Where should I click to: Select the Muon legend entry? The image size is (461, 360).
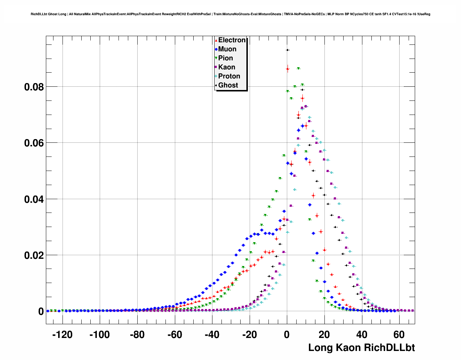coord(227,49)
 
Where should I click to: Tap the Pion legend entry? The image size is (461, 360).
coord(225,58)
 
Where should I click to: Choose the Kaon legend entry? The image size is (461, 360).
coord(227,67)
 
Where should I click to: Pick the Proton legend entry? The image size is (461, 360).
coord(229,76)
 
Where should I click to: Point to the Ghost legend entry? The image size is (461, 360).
coord(228,85)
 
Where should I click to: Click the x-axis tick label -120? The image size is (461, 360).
coord(62,335)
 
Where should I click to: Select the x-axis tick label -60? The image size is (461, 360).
coord(175,335)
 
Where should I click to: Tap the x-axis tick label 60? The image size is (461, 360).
coord(399,335)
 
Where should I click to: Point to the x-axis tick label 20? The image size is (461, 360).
coord(324,335)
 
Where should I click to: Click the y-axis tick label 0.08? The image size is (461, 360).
coord(34,87)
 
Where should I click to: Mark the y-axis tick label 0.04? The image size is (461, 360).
coord(34,199)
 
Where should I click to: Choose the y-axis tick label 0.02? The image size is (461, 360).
coord(34,255)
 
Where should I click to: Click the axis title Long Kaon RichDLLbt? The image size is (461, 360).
coord(361,348)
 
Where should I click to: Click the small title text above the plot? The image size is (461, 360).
coord(230,14)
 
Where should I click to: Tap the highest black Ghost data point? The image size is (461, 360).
coord(287,50)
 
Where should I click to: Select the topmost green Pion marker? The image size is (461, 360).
coord(298,68)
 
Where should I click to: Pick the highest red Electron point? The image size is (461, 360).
coord(288,68)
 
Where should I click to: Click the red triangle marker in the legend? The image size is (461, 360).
coord(216,40)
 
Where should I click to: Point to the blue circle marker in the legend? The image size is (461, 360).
coord(216,50)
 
